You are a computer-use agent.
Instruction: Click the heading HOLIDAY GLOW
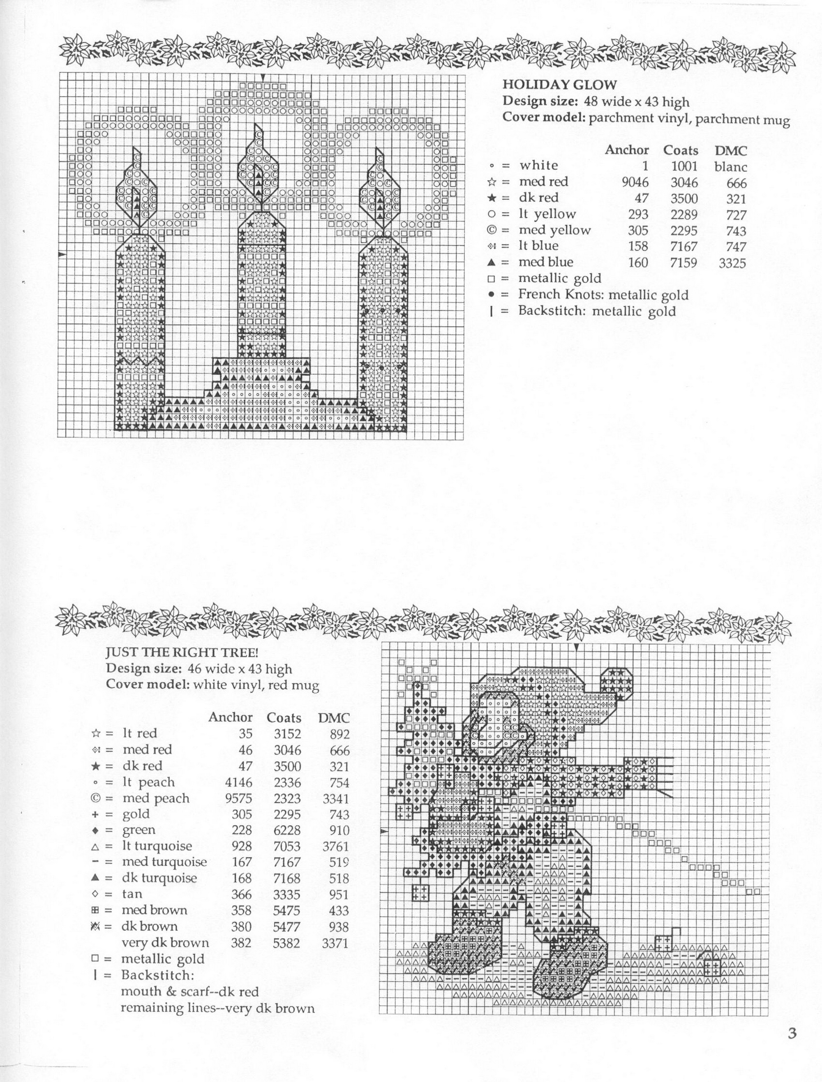click(560, 85)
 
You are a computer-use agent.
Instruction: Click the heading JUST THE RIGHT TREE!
click(182, 653)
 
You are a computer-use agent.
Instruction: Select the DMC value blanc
click(730, 167)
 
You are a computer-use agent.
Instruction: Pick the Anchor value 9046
click(635, 183)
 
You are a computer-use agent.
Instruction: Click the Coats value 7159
click(683, 263)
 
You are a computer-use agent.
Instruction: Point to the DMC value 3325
click(732, 263)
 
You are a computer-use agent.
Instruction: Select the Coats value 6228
click(287, 830)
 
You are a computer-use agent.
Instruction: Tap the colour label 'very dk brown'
click(165, 943)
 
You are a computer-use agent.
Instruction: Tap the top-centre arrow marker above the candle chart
click(263, 77)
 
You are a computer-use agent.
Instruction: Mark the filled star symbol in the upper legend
click(492, 198)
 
